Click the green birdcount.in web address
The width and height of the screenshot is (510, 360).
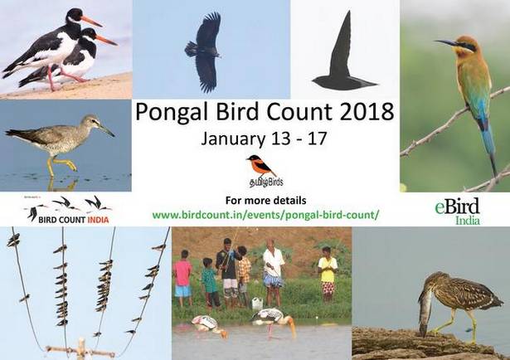(x=265, y=215)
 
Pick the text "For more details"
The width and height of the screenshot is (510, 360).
(x=265, y=201)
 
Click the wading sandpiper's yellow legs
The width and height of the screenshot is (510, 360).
(x=61, y=165)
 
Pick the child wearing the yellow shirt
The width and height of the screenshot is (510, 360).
(x=328, y=275)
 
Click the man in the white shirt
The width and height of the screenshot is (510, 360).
(x=273, y=270)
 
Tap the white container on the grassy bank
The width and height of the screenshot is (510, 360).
(x=257, y=303)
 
